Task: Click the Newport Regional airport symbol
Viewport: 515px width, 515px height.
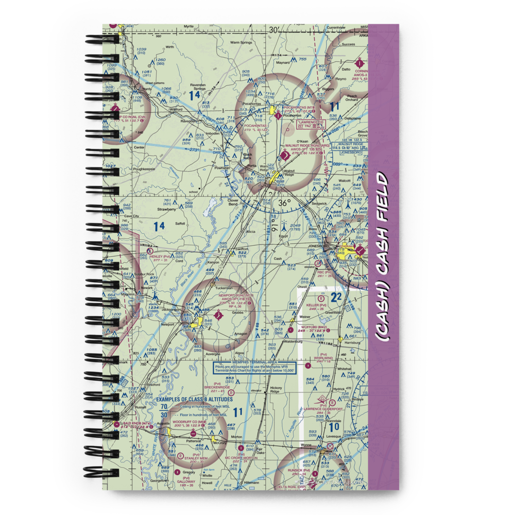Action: click(x=218, y=313)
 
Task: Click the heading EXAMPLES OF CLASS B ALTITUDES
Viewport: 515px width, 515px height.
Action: click(x=195, y=399)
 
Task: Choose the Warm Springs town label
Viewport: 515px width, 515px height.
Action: click(x=241, y=42)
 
